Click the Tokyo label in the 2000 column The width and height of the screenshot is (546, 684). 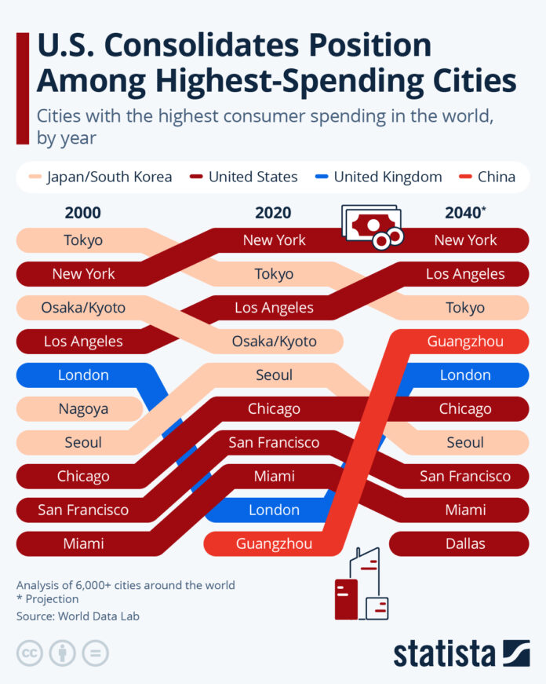point(83,240)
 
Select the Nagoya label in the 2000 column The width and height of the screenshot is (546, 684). point(83,408)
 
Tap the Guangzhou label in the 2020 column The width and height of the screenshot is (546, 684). point(274,543)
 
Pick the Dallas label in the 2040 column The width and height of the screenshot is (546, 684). point(465,543)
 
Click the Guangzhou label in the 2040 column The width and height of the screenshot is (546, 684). point(465,342)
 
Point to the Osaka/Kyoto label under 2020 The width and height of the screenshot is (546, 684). point(274,342)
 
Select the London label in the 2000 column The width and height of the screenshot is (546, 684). point(83,375)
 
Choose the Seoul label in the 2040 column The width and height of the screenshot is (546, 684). point(465,442)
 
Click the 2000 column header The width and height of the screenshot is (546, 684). point(83,213)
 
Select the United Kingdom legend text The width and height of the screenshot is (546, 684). point(388,177)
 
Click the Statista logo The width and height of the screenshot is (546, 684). point(461,653)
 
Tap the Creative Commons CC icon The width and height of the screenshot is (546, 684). point(30,653)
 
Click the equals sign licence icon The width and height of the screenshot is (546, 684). point(96,653)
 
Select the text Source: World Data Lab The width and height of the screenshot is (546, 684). point(78,616)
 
